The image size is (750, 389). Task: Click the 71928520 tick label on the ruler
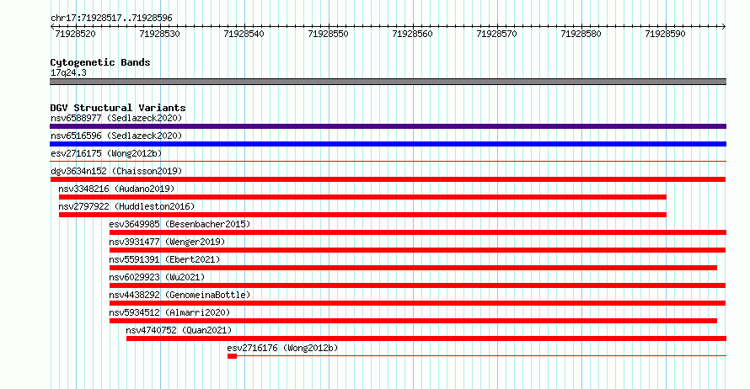pos(76,34)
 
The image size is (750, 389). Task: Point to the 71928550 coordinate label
pos(328,34)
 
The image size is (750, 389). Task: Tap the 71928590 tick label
pos(665,34)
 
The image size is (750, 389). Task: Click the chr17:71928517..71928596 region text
pos(111,19)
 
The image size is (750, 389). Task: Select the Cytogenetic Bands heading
pos(100,62)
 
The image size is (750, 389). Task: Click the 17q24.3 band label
pos(68,72)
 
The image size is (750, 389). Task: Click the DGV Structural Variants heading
pos(118,108)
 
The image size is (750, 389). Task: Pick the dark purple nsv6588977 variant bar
pos(388,126)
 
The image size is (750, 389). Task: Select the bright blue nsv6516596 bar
pos(388,144)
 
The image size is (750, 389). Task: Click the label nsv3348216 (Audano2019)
pos(116,189)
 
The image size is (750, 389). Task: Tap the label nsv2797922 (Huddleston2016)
pos(126,206)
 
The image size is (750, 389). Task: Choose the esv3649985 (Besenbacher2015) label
pos(179,224)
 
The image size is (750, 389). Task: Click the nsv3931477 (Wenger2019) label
pos(167,242)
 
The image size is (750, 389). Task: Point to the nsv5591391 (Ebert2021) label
pos(164,259)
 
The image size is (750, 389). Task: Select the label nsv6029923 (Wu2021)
pos(157,277)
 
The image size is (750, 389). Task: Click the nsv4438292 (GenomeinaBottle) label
pos(179,295)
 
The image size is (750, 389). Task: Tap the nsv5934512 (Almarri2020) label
pos(169,312)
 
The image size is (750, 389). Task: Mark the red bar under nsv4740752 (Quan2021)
pos(426,338)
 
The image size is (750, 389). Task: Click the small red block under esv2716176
pos(232,356)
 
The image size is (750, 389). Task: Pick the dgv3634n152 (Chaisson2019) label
pos(116,171)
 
